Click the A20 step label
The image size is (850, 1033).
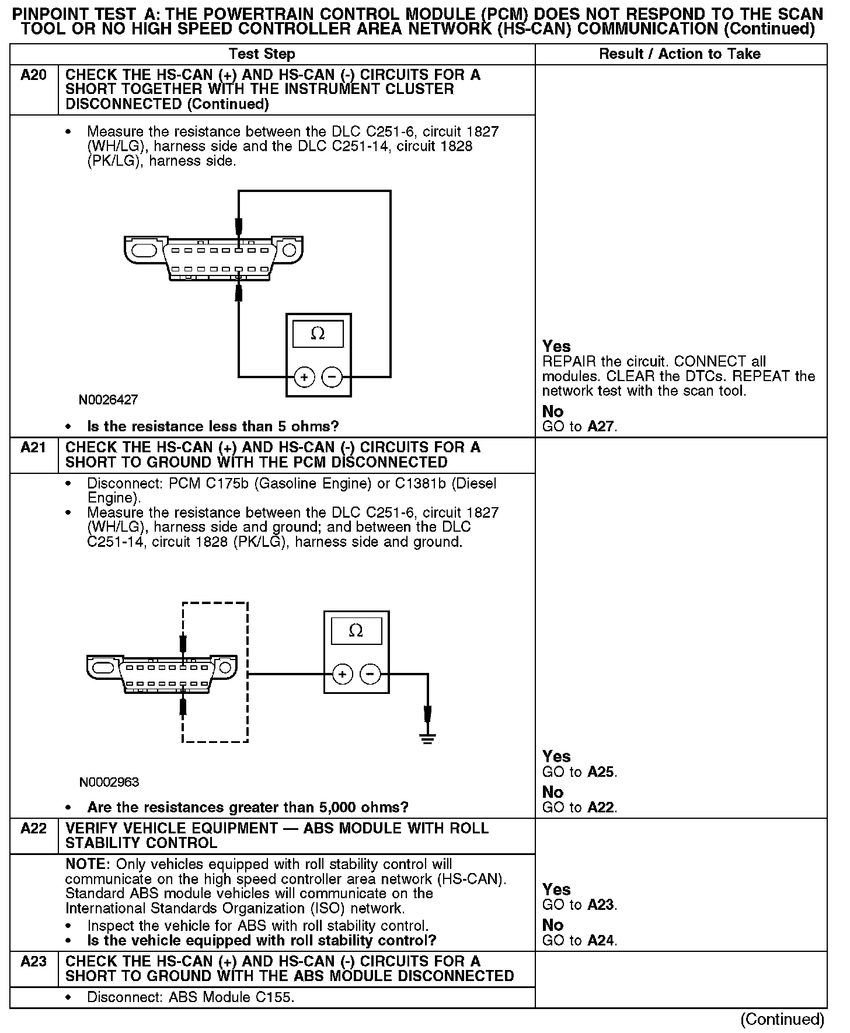pyautogui.click(x=33, y=75)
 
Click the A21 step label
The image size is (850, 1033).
pyautogui.click(x=33, y=448)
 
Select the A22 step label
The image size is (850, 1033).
pyautogui.click(x=33, y=828)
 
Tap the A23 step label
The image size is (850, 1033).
pyautogui.click(x=33, y=961)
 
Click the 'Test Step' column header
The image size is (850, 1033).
pyautogui.click(x=262, y=54)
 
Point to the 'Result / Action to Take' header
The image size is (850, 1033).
pyautogui.click(x=680, y=54)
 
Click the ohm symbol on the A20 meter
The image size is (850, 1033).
pyautogui.click(x=318, y=334)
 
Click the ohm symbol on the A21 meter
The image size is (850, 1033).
pyautogui.click(x=356, y=630)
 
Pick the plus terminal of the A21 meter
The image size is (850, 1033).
pyautogui.click(x=342, y=675)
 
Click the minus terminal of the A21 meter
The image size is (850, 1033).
pyautogui.click(x=370, y=675)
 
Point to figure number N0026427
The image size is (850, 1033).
pyautogui.click(x=109, y=400)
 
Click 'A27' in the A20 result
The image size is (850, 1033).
pyautogui.click(x=601, y=427)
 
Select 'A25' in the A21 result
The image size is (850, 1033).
pyautogui.click(x=601, y=772)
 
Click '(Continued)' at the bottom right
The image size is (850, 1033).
pyautogui.click(x=782, y=1020)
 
